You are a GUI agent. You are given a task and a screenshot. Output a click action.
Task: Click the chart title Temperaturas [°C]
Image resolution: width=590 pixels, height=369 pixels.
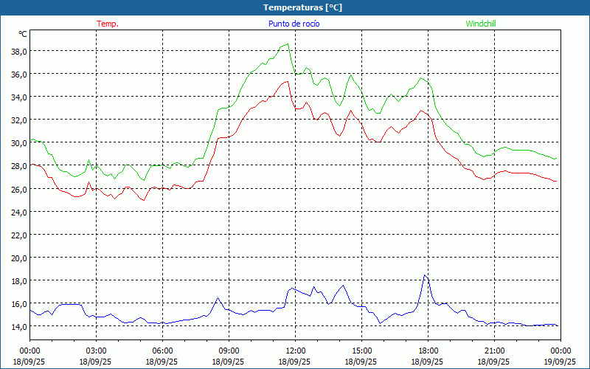pos(295,7)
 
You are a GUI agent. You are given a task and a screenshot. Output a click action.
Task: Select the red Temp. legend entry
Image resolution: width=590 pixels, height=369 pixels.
pos(108,24)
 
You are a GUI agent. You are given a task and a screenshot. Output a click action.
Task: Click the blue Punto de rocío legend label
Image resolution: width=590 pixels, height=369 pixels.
pos(294,24)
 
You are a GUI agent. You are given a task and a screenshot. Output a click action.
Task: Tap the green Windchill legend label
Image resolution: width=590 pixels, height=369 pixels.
pos(481,24)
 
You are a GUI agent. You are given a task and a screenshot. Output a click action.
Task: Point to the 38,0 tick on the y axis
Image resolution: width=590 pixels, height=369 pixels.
pos(18,51)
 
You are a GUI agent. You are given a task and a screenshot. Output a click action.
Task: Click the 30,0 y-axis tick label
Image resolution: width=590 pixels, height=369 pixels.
pos(18,142)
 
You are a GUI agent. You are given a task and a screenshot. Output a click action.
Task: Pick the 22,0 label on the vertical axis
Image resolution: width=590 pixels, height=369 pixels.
pos(18,235)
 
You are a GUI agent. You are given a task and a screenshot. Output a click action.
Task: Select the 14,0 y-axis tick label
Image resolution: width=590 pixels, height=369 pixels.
pos(18,326)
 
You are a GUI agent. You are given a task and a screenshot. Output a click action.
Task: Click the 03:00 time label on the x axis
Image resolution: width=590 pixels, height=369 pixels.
pos(96,351)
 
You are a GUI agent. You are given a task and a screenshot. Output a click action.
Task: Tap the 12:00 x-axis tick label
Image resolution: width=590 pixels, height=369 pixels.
pos(295,351)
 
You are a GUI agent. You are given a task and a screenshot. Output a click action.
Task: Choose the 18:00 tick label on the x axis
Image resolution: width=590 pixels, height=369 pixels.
pos(428,351)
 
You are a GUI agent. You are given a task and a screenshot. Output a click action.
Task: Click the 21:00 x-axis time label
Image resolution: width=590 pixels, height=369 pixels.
pos(494,351)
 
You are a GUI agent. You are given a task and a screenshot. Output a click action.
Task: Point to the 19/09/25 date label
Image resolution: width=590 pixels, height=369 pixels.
pos(560,362)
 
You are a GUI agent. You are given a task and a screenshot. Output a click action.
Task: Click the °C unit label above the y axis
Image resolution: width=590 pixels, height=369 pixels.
pos(23,34)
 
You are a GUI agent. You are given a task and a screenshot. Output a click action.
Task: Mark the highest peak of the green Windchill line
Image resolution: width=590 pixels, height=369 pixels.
pos(287,44)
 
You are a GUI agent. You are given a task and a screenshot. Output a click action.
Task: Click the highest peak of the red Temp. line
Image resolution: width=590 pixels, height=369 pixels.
pos(287,81)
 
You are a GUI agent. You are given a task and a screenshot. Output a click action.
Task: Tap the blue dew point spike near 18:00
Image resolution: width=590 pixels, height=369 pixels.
pos(425,275)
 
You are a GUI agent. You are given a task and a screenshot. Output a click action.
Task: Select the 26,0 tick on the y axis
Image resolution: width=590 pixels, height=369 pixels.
pos(18,189)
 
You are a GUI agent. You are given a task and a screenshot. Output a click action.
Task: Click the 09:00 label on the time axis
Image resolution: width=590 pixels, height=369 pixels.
pos(229,351)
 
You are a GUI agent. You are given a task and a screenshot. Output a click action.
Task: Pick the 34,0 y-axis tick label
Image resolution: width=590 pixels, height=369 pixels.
pos(18,97)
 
